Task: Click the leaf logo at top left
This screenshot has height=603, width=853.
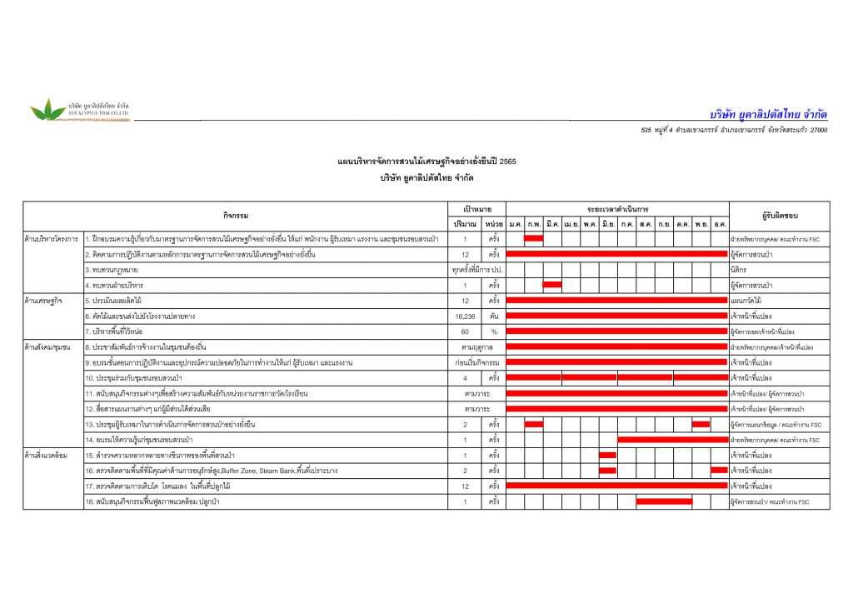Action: [x=47, y=109]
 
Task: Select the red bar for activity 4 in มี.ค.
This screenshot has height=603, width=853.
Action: [x=551, y=285]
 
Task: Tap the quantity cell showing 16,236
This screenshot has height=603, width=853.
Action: [x=465, y=316]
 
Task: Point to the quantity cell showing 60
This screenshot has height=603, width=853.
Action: [x=465, y=331]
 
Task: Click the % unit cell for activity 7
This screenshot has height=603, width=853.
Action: [x=494, y=331]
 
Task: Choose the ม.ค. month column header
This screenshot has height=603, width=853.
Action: [x=516, y=224]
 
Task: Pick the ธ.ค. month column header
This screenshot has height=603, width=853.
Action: [x=719, y=224]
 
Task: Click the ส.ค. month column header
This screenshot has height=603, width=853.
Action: [x=645, y=224]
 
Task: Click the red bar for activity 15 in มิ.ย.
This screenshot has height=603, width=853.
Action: [x=608, y=455]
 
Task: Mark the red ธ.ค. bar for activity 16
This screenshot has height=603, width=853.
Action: [x=719, y=471]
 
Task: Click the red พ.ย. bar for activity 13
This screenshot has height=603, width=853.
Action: [x=701, y=424]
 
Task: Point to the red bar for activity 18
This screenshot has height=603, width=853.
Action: [x=664, y=501]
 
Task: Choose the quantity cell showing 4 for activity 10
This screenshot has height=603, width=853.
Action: [x=465, y=378]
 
